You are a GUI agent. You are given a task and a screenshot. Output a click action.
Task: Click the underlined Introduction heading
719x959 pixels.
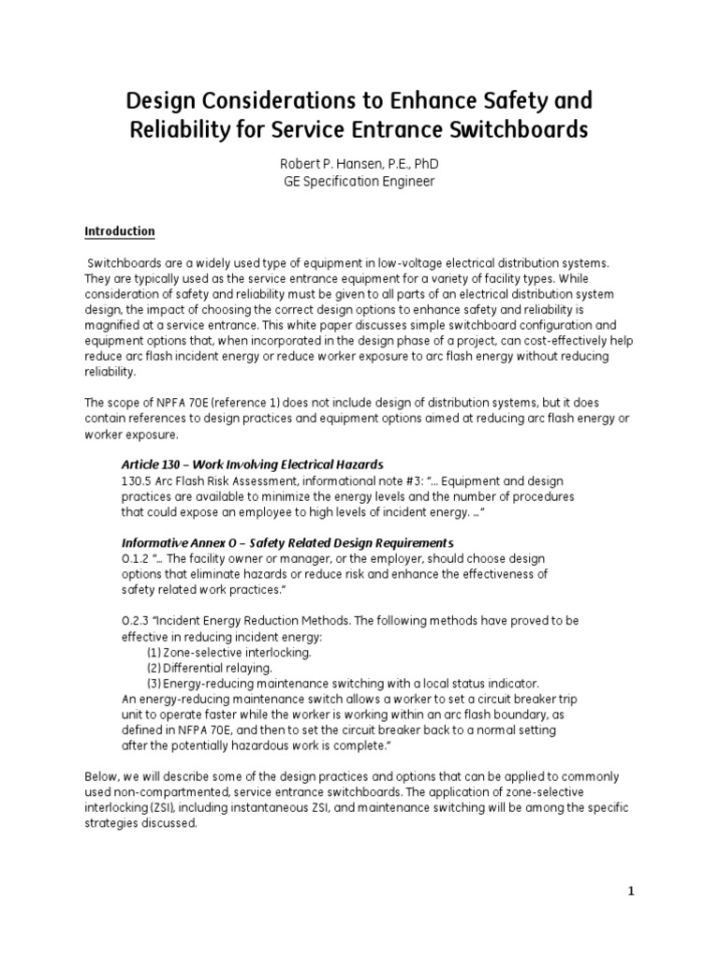(120, 231)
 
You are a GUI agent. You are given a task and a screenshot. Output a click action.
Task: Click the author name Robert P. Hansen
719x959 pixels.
(333, 164)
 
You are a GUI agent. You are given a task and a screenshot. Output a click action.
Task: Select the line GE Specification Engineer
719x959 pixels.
(359, 182)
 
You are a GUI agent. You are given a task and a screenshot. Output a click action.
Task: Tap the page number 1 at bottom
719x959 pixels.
(631, 892)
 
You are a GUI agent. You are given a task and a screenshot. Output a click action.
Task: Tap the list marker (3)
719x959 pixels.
(155, 684)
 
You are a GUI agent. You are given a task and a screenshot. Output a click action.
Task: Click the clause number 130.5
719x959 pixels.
(138, 480)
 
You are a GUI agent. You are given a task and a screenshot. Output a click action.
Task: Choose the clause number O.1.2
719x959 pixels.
(137, 559)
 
